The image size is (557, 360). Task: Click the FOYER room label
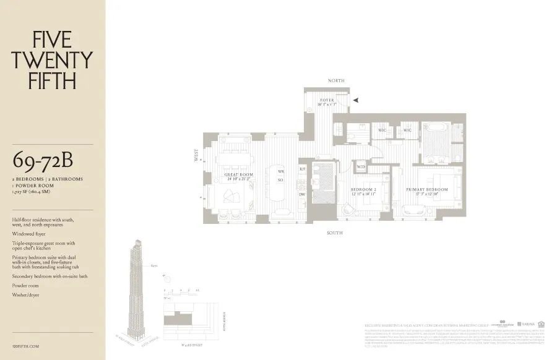pos(327,100)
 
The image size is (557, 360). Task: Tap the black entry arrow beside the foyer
pos(355,100)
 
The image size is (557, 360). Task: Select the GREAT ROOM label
pos(239,175)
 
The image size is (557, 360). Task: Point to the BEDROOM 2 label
pos(364,189)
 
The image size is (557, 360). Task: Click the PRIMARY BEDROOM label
pos(427,189)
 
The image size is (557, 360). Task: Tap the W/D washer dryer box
pos(361,166)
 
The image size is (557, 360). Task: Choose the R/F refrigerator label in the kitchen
pos(302,169)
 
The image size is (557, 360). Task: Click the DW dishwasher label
pos(302,194)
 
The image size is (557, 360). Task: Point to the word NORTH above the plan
pos(336,81)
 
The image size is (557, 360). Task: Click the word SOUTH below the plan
pos(336,233)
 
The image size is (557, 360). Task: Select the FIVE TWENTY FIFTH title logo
pos(53,60)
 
